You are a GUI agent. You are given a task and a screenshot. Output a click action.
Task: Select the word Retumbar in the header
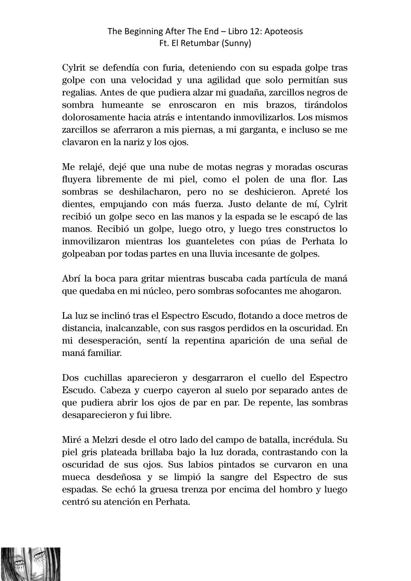click(x=201, y=44)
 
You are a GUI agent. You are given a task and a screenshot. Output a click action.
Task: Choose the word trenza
click(x=180, y=490)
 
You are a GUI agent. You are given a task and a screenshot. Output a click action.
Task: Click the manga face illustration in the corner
click(x=30, y=564)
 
